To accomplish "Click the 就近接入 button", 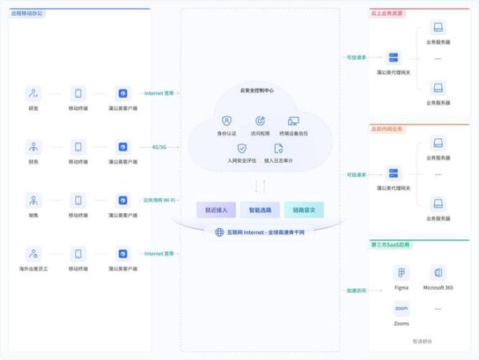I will point(216,210).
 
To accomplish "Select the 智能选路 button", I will point(259,210).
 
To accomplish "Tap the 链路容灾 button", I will point(303,210).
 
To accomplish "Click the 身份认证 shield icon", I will point(227,121).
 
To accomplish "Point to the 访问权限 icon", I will point(259,121).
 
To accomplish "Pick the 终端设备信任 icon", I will point(293,121).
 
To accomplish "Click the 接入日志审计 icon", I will point(279,148).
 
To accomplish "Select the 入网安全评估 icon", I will point(242,148).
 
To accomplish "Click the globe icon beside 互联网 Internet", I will point(220,232).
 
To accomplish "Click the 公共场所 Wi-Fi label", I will point(160,200).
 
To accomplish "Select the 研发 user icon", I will point(34,93).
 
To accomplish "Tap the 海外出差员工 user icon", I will point(34,254).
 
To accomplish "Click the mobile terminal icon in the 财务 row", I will point(77,147).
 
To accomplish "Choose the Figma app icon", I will point(402,273).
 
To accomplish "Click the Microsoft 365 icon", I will point(438,273).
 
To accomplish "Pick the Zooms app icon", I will point(402,309).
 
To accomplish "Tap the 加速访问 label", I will point(356,291).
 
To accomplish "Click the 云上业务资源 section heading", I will point(388,13).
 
